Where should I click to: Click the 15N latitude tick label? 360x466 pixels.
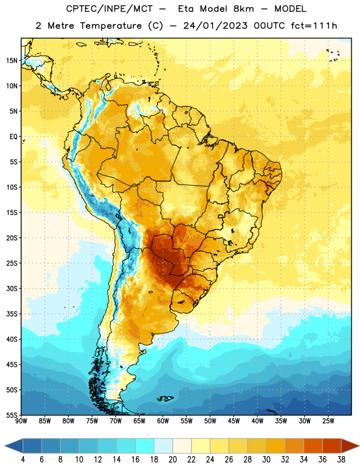point(11,61)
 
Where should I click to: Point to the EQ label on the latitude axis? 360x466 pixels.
point(13,137)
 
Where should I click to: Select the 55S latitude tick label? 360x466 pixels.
point(12,415)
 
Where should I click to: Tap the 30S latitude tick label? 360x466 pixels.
point(12,288)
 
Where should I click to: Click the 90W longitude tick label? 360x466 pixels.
point(21,421)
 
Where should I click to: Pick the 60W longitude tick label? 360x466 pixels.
point(163,421)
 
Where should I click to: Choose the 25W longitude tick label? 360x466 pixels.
point(328,421)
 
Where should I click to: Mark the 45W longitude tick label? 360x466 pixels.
point(234,421)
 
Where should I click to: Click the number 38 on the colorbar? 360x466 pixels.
point(341,460)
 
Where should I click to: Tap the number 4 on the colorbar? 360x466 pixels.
point(23,460)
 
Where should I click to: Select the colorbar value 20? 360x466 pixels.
point(172,460)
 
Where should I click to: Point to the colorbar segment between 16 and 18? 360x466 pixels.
point(145,446)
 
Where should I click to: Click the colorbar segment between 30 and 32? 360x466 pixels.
point(276,446)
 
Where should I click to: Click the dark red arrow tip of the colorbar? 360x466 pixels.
point(359,446)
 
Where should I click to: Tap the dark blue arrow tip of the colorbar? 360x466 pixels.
point(5,446)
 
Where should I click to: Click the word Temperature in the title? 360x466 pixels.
point(111,26)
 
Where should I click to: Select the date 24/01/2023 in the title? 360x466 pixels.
point(215,26)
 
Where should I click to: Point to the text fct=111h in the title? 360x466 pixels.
point(314,26)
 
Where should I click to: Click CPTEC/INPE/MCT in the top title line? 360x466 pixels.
point(109,9)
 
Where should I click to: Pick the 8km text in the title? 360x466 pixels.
point(243,9)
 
